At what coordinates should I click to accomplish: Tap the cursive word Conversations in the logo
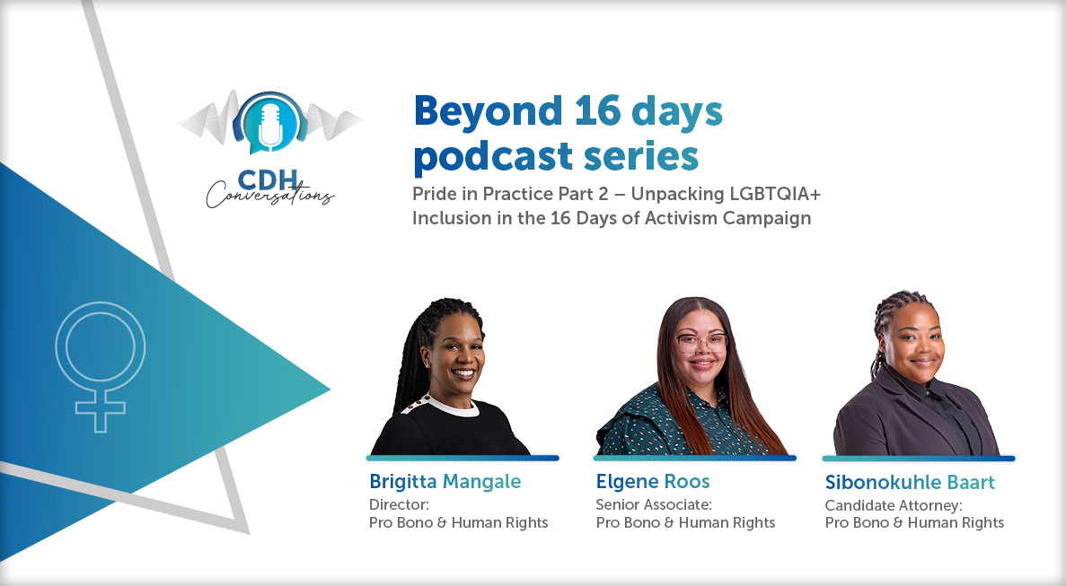pyautogui.click(x=270, y=196)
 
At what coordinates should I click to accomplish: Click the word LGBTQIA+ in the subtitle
pyautogui.click(x=775, y=194)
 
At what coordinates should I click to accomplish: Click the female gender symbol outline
pyautogui.click(x=100, y=367)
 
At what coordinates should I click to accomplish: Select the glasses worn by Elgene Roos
pyautogui.click(x=701, y=343)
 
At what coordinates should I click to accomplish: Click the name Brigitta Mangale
pyautogui.click(x=445, y=481)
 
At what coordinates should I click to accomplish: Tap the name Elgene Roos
pyautogui.click(x=653, y=481)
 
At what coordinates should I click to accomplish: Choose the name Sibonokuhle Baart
pyautogui.click(x=910, y=482)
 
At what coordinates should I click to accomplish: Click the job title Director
pyautogui.click(x=399, y=504)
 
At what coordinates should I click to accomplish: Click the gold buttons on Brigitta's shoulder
pyautogui.click(x=416, y=406)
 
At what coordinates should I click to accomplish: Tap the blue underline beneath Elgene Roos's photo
pyautogui.click(x=695, y=459)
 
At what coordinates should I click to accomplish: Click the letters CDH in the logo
pyautogui.click(x=268, y=180)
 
